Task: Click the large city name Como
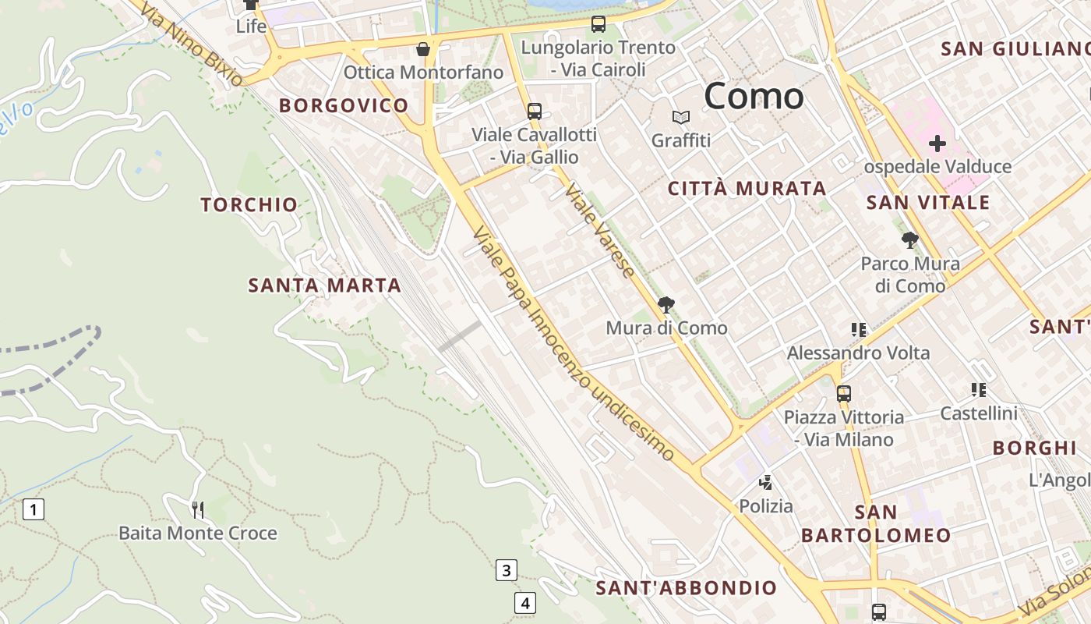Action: (754, 96)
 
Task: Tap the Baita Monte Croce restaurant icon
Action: (198, 510)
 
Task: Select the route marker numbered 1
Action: (33, 510)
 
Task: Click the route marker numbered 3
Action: (507, 570)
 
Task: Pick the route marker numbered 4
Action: (525, 603)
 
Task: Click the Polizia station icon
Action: (766, 483)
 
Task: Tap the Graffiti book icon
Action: (681, 118)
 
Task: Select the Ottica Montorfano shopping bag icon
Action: (423, 49)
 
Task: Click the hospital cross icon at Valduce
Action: (937, 144)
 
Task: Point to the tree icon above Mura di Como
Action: (666, 304)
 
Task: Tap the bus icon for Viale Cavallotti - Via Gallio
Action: (535, 111)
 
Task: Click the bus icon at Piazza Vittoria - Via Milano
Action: (844, 393)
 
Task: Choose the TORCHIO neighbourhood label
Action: (249, 205)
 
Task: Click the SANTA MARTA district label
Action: (324, 285)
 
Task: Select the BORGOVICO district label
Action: (344, 105)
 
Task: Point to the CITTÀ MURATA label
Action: (747, 188)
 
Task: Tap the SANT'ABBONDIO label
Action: (686, 587)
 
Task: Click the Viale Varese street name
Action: (599, 231)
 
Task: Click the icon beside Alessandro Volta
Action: (859, 330)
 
